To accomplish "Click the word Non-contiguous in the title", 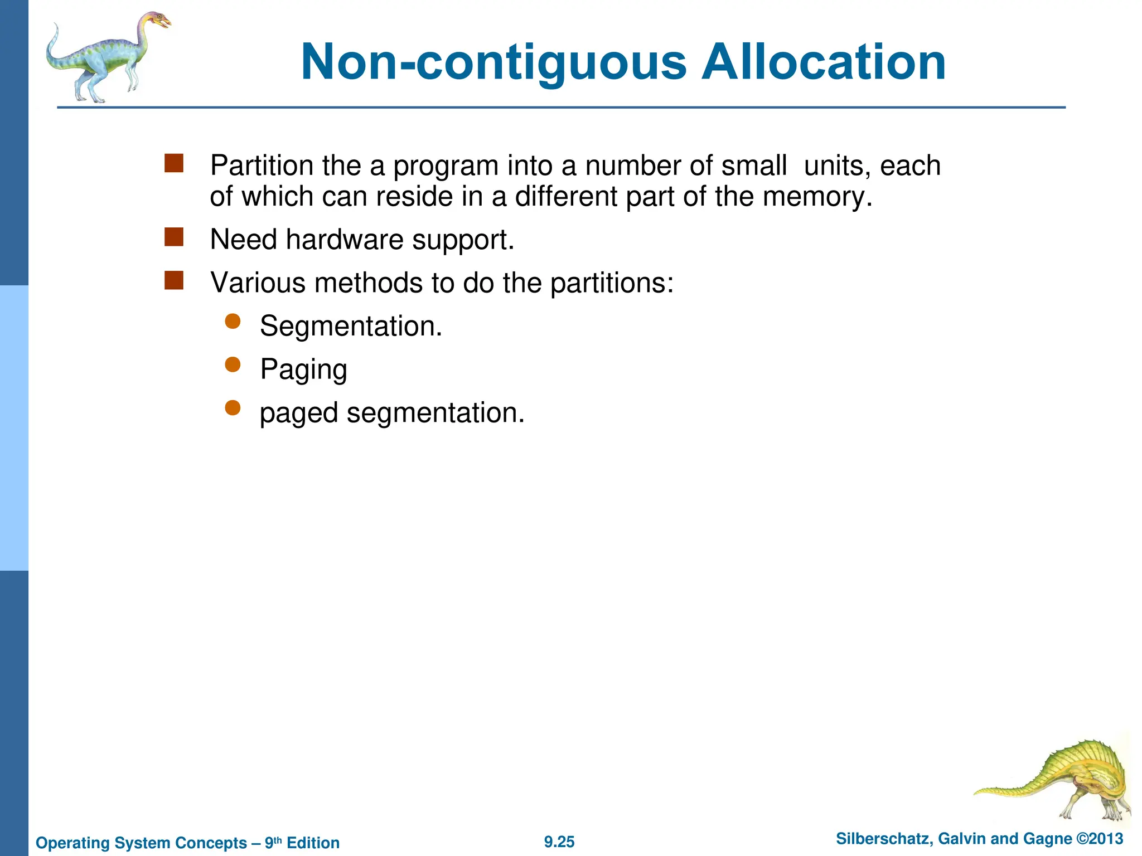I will click(x=493, y=62).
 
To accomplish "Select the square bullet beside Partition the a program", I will click(x=174, y=163).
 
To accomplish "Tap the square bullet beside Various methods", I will click(x=174, y=280).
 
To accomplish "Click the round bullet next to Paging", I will click(x=233, y=364).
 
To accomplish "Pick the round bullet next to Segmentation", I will click(x=233, y=321).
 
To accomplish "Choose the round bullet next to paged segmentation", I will click(x=233, y=408).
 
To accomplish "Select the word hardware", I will click(x=344, y=240).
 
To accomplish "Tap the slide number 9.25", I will click(x=559, y=842).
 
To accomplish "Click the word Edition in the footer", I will click(x=313, y=843).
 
